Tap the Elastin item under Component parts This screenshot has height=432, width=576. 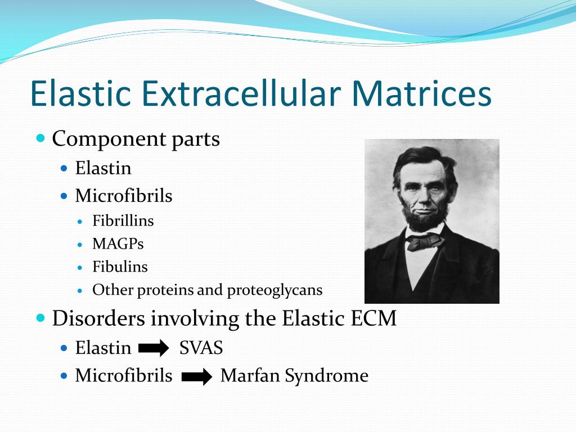point(103,168)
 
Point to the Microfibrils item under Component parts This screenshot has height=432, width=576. point(124,195)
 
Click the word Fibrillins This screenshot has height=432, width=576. point(123,220)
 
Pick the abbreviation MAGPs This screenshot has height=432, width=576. point(118,244)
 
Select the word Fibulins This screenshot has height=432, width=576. point(120,267)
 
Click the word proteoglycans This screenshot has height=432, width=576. point(274,291)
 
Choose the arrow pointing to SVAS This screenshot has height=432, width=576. point(154,348)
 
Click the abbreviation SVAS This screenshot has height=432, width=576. point(201,348)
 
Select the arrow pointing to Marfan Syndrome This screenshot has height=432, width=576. point(197,376)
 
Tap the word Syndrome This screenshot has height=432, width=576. point(327,376)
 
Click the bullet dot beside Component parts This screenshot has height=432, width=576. point(40,138)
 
